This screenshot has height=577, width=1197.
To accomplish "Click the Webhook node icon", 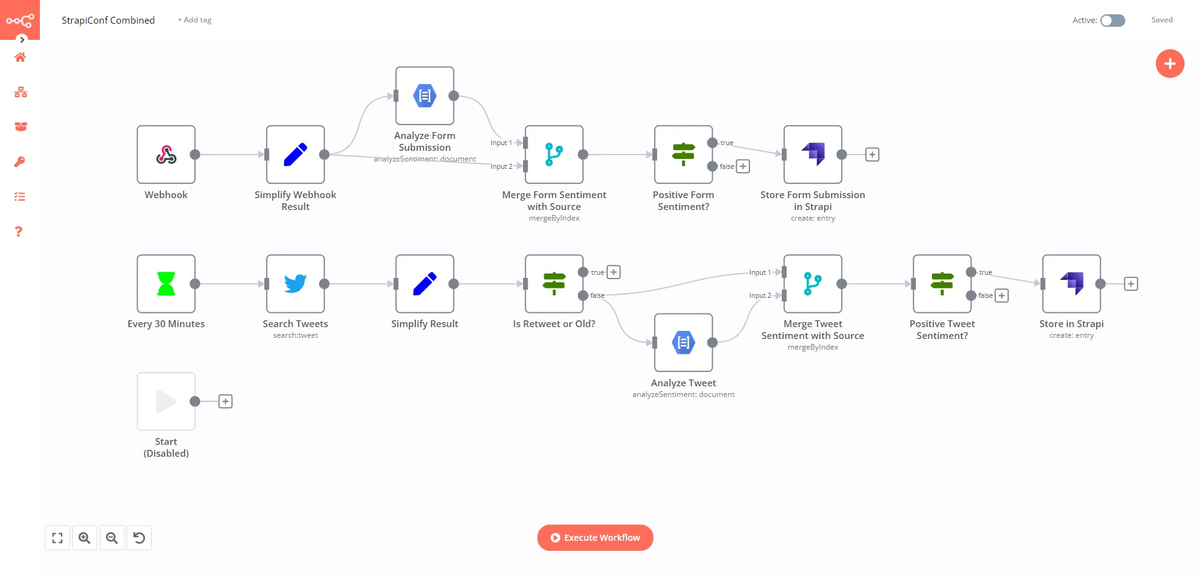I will (166, 155).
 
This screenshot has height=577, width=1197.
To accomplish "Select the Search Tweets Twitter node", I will (295, 284).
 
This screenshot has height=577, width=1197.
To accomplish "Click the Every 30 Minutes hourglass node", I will (166, 284).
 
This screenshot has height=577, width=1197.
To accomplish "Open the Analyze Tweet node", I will (683, 343).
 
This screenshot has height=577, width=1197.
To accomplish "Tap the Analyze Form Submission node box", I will (425, 96).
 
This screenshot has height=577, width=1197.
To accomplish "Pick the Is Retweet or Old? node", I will (554, 284).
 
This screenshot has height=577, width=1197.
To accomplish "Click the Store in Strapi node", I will (1071, 284).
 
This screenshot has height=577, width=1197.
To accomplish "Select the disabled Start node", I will (166, 401).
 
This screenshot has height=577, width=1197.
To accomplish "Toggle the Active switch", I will (1112, 21).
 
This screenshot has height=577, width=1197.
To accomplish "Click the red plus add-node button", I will (1170, 64).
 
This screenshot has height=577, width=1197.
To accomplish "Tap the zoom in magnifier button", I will (85, 538).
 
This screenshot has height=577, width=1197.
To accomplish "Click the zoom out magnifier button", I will (112, 538).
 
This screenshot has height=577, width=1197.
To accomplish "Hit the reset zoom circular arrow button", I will (139, 538).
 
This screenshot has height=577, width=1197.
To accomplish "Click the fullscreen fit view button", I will (57, 538).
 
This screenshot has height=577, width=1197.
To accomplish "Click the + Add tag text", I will (195, 20).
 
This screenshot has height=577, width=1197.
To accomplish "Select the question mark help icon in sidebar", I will (19, 232).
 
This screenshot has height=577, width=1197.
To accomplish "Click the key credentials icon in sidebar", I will (20, 162).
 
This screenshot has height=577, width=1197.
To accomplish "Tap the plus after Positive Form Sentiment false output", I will (743, 166).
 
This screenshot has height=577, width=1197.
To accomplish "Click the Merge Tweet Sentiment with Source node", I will (812, 284).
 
